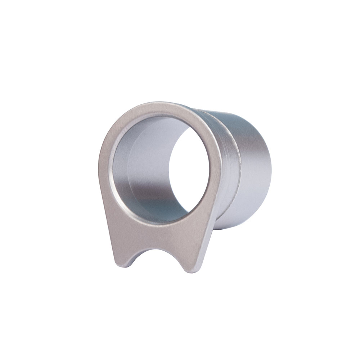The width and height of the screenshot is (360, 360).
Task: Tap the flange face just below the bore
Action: tap(158, 230)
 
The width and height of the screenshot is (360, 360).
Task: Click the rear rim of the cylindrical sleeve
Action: tap(268, 169)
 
